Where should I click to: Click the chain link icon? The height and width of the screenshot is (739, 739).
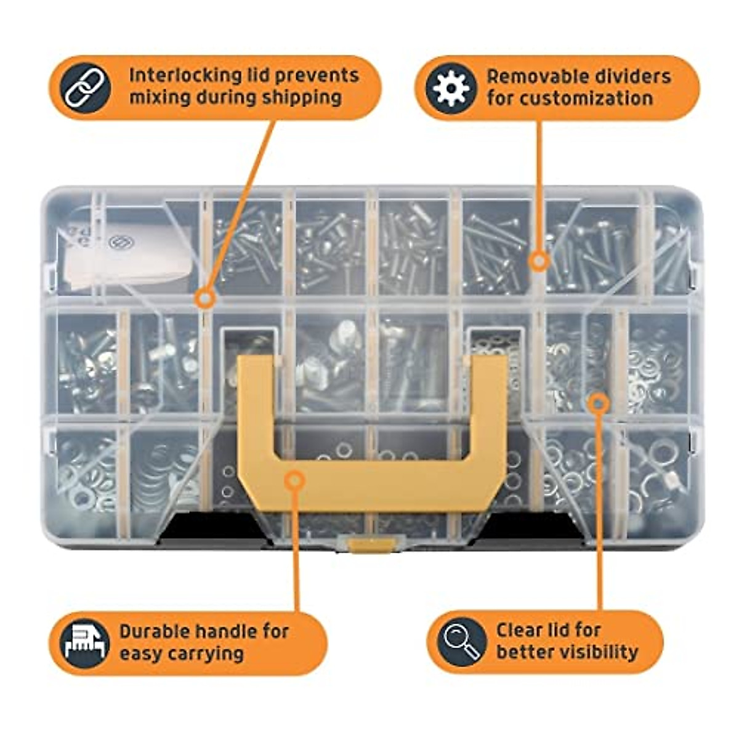(87, 88)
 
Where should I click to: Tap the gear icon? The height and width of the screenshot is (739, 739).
(451, 88)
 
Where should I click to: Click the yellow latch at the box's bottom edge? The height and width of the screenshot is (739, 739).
(369, 544)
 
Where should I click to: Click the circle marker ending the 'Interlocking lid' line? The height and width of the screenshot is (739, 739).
(205, 299)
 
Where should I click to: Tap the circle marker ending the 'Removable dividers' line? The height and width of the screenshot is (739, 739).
(539, 261)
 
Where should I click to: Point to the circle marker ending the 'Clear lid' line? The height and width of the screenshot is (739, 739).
(598, 403)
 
